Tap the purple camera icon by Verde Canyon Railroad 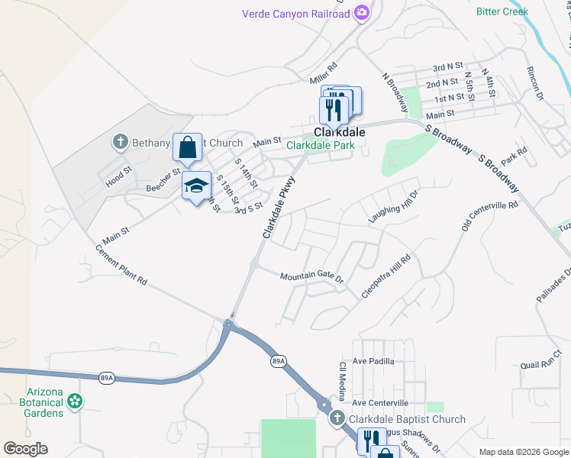362,13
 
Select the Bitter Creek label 502,11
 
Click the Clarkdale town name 339,131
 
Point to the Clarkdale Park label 320,145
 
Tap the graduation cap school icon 195,185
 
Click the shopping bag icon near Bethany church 187,148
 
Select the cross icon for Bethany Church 119,142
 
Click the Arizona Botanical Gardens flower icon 75,400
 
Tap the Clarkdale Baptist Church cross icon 337,418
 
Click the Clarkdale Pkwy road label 278,211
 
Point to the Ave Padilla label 373,360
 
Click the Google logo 25,449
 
